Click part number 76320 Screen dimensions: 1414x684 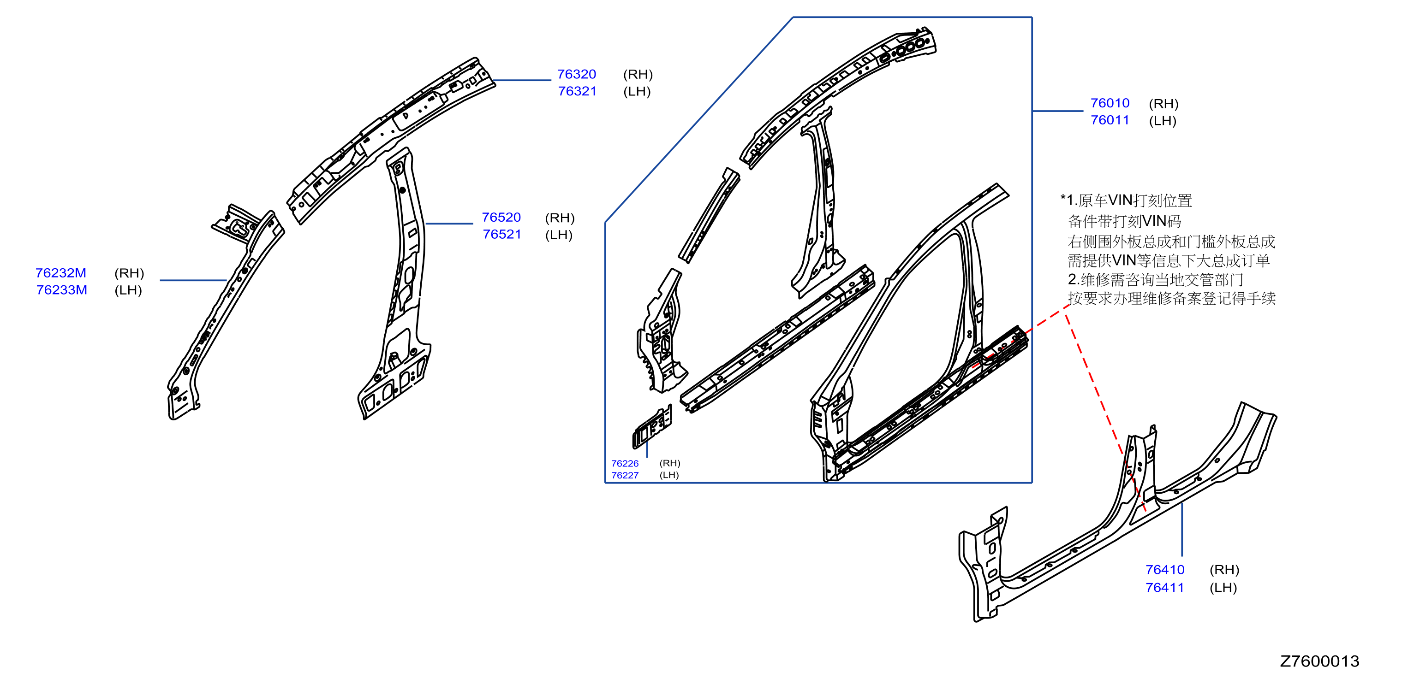pos(576,74)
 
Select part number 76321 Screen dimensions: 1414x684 pos(577,91)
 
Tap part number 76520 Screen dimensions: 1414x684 pos(501,217)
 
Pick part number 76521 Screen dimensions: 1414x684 pos(502,234)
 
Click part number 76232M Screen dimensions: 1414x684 pos(61,272)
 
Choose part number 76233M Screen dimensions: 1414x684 pos(61,289)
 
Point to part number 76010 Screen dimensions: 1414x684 pos(1110,103)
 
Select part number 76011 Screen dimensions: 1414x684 pos(1110,120)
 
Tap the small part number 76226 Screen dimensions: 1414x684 pos(625,464)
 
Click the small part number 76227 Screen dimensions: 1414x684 pos(625,475)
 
